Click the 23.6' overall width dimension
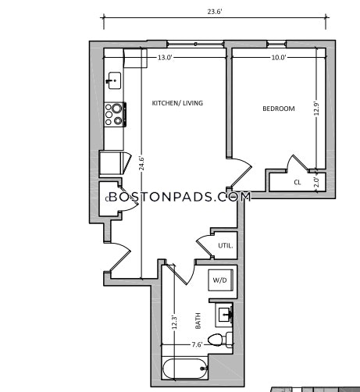215,12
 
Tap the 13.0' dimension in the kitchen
165,58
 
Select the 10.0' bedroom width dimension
279,58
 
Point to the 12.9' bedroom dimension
316,109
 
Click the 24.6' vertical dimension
141,163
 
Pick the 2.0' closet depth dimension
316,183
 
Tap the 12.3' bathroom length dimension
175,322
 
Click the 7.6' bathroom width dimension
197,344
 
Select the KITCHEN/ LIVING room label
177,103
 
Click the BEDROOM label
279,109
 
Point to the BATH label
198,321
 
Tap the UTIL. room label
226,245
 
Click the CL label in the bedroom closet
298,183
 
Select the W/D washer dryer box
221,280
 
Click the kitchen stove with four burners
115,115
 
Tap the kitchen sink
114,80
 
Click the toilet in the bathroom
220,340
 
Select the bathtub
185,369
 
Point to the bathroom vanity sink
224,315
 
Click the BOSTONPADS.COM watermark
180,197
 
